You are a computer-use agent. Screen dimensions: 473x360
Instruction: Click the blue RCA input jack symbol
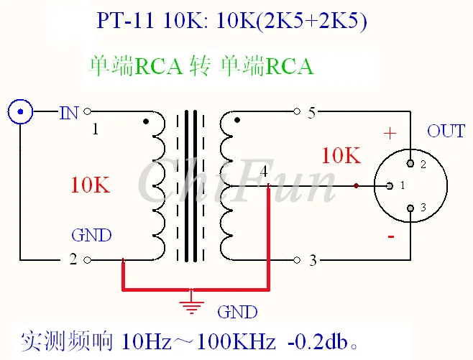click(x=20, y=111)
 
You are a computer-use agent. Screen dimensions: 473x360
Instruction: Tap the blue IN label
click(x=69, y=113)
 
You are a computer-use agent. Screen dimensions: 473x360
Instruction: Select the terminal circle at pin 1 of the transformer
click(x=87, y=111)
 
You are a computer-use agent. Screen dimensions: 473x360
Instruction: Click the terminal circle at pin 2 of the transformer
click(x=87, y=260)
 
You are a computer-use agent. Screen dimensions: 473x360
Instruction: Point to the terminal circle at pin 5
click(x=297, y=111)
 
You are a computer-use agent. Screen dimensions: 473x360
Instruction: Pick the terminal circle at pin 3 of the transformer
click(x=297, y=260)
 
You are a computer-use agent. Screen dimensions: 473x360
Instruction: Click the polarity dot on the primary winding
click(x=146, y=121)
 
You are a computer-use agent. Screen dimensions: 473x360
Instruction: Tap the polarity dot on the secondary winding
click(x=237, y=120)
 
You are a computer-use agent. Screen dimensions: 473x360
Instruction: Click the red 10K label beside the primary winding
click(x=90, y=185)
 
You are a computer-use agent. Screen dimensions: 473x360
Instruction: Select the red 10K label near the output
click(x=341, y=156)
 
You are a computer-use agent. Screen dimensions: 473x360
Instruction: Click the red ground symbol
click(x=191, y=305)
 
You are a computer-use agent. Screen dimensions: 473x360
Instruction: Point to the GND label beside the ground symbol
click(x=237, y=312)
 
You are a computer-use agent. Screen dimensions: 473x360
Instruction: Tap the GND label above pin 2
click(x=91, y=235)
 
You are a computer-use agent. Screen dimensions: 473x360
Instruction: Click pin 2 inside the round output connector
click(x=410, y=163)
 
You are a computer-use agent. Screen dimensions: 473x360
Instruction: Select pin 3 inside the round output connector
click(x=410, y=208)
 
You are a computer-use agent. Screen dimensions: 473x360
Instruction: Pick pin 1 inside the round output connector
click(x=390, y=185)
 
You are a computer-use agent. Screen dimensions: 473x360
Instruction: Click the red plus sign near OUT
click(x=390, y=133)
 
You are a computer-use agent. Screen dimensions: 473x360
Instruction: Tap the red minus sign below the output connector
click(x=391, y=236)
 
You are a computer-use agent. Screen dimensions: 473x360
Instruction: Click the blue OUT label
click(x=446, y=131)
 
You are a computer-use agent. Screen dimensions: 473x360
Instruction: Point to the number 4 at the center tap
click(x=264, y=171)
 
